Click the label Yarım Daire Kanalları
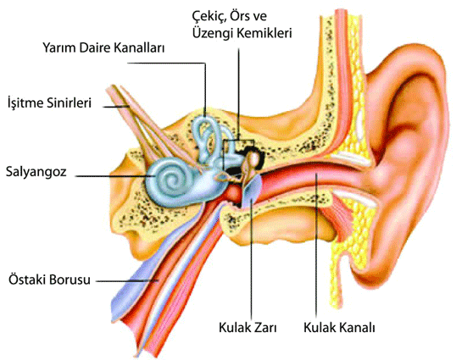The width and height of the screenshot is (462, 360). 103,48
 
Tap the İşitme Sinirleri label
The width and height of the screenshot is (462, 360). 49,103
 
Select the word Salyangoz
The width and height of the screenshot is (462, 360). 36,172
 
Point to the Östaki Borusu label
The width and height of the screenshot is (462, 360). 49,280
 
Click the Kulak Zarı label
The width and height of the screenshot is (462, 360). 248,327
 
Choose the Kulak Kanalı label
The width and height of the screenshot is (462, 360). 339,327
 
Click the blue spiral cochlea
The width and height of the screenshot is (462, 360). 168,180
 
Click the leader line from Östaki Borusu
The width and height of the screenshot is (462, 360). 127,281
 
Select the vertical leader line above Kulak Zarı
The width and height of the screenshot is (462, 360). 252,258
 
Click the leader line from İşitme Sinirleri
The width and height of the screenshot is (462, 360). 116,106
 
